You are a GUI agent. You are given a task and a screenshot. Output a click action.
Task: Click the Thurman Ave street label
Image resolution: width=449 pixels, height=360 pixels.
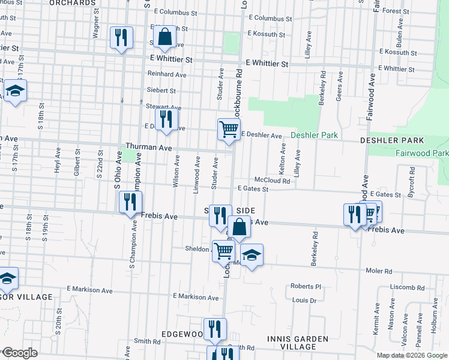[x=149, y=147]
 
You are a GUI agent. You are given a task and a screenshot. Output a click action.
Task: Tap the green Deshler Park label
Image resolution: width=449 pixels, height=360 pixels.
[x=314, y=136]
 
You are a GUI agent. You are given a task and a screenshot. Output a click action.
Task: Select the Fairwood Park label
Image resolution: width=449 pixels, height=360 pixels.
[x=422, y=154]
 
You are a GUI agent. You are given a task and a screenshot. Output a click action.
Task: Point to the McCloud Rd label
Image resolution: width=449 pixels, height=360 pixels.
[x=272, y=180]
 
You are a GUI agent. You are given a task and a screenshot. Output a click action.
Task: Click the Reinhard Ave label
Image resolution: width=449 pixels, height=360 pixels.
[x=167, y=74]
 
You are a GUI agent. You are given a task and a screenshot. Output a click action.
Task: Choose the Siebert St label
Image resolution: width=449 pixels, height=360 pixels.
[x=161, y=91]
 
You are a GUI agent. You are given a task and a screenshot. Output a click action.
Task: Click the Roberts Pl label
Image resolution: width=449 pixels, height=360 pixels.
[x=306, y=286]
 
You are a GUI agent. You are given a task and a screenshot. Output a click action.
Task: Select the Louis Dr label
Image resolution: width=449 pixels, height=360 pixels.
[x=304, y=300]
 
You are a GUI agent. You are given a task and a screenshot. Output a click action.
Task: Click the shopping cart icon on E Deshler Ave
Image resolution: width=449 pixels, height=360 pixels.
[x=229, y=128]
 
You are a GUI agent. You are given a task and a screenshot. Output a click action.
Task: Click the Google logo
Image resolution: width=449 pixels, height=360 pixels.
[x=19, y=353]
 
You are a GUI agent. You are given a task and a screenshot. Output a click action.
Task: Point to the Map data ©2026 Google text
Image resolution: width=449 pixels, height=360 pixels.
[x=412, y=355]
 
